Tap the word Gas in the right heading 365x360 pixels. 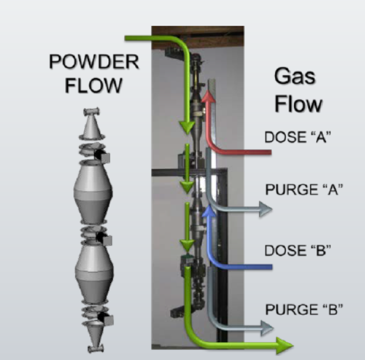[295, 76]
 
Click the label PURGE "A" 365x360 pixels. [304, 189]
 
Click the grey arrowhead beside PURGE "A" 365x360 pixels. [264, 209]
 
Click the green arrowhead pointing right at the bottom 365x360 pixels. [283, 345]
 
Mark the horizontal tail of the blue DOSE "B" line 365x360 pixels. [246, 266]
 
